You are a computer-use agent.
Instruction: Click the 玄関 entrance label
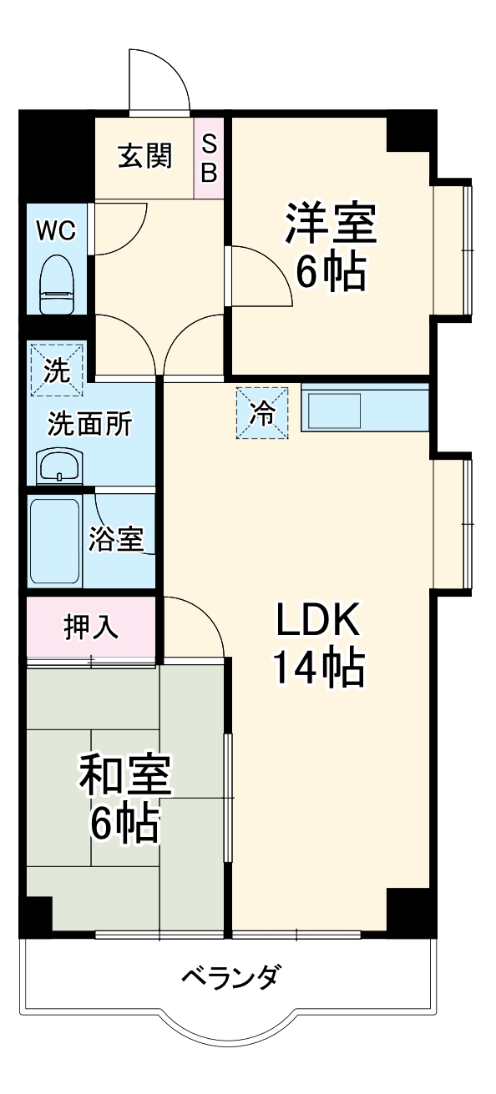[x=144, y=156]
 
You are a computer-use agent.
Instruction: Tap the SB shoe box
[x=209, y=158]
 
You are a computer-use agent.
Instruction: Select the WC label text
[x=54, y=231]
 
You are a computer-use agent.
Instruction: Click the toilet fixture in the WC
[x=56, y=285]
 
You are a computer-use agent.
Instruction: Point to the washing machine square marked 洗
[x=57, y=368]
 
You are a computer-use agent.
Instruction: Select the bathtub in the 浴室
[x=55, y=542]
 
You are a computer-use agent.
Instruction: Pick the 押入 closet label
[x=92, y=628]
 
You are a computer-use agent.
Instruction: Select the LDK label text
[x=318, y=619]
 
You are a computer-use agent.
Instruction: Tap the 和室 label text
[x=125, y=777]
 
